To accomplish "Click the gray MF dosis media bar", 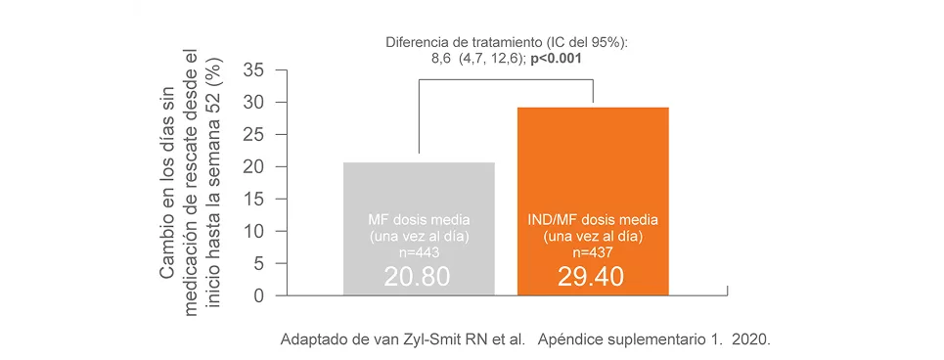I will (x=419, y=186).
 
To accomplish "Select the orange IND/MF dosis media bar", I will (x=593, y=157).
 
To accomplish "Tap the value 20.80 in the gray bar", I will (x=418, y=277).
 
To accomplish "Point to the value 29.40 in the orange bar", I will (x=592, y=277).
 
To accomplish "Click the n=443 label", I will (x=418, y=252).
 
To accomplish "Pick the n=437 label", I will (x=592, y=252).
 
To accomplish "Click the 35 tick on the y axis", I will (x=252, y=70).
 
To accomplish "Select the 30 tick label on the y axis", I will (x=252, y=103).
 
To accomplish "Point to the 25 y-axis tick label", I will (x=252, y=135).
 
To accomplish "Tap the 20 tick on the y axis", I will (x=252, y=167).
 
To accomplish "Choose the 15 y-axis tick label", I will (x=252, y=200).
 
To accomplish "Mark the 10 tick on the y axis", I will (x=252, y=232).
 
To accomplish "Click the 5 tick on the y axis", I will (x=258, y=264).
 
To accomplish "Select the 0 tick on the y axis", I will (x=258, y=295).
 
